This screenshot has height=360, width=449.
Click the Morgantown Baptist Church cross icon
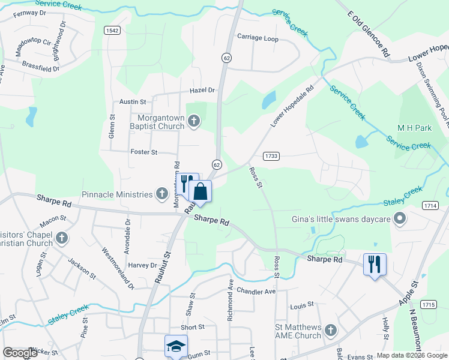[193, 122]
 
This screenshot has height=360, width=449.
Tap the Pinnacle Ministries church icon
[161, 194]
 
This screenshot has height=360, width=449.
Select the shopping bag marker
[200, 192]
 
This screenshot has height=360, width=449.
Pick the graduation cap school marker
[176, 346]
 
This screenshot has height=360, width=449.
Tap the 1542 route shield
[111, 31]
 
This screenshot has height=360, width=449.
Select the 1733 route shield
[272, 156]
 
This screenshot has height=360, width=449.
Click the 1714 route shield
[430, 205]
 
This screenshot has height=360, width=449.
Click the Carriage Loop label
[258, 37]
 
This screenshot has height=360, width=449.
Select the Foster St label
[143, 152]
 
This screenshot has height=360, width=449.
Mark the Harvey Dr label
[142, 265]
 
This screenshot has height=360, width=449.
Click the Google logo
[20, 353]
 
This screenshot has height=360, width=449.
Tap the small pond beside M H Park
[361, 142]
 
